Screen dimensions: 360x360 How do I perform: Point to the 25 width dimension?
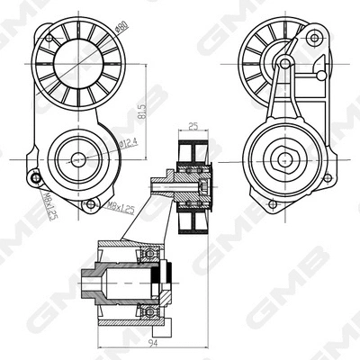coord(193,129)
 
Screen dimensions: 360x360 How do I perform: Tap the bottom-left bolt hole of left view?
coord(35,177)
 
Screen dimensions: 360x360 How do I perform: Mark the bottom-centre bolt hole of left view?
coord(89,206)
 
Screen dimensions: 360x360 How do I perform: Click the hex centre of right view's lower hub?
coord(284,159)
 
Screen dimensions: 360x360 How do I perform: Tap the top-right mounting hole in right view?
coord(313,39)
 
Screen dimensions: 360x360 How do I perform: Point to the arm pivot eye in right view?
coord(283,63)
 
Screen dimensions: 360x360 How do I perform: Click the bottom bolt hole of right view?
coord(269,205)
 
